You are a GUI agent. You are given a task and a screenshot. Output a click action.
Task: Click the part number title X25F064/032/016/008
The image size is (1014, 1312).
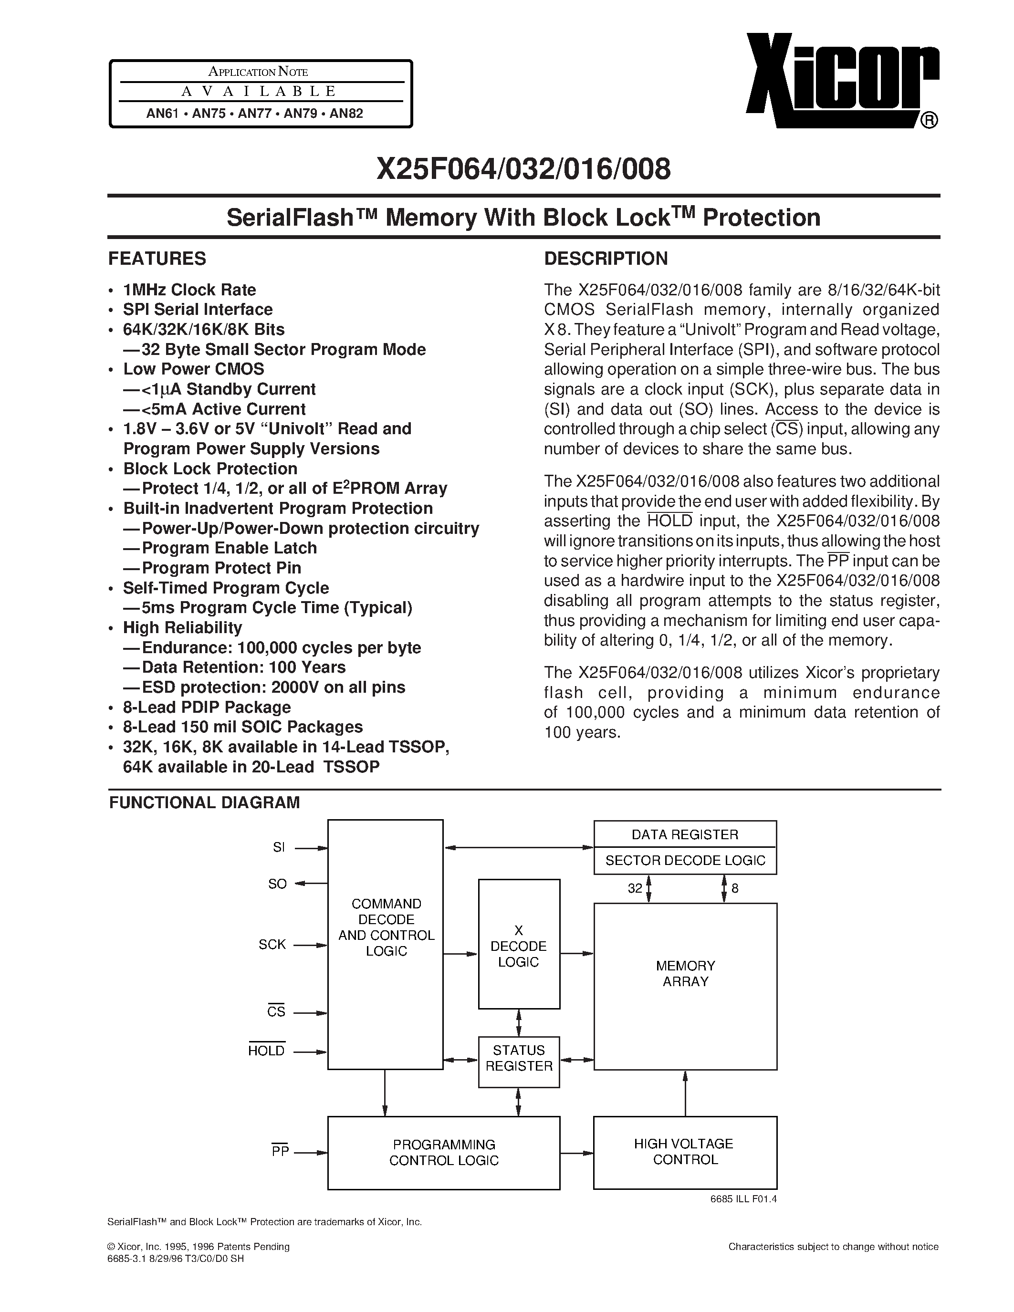click(523, 169)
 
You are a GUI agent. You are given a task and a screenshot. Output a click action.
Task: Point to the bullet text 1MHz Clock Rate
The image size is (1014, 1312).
click(189, 290)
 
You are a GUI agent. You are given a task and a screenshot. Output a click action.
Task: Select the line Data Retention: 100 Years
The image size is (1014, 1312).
click(243, 667)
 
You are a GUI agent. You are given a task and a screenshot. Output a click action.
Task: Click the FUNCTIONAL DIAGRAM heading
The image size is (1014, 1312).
click(204, 802)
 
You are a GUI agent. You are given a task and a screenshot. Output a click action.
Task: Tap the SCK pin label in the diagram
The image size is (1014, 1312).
click(272, 944)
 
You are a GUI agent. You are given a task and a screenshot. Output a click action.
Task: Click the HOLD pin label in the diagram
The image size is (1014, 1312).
click(266, 1051)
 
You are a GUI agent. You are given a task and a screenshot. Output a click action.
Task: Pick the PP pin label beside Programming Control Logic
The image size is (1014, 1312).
click(280, 1151)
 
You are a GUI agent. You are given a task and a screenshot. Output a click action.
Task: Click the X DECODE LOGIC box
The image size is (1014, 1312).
click(518, 946)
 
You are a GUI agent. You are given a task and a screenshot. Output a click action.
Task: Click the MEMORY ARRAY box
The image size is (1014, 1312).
click(685, 973)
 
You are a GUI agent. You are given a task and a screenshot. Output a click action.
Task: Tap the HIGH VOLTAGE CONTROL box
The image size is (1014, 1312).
click(685, 1152)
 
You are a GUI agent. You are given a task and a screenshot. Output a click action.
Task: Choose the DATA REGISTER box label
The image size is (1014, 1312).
click(685, 834)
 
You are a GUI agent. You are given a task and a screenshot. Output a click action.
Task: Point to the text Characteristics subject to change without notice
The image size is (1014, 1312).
click(833, 1247)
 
